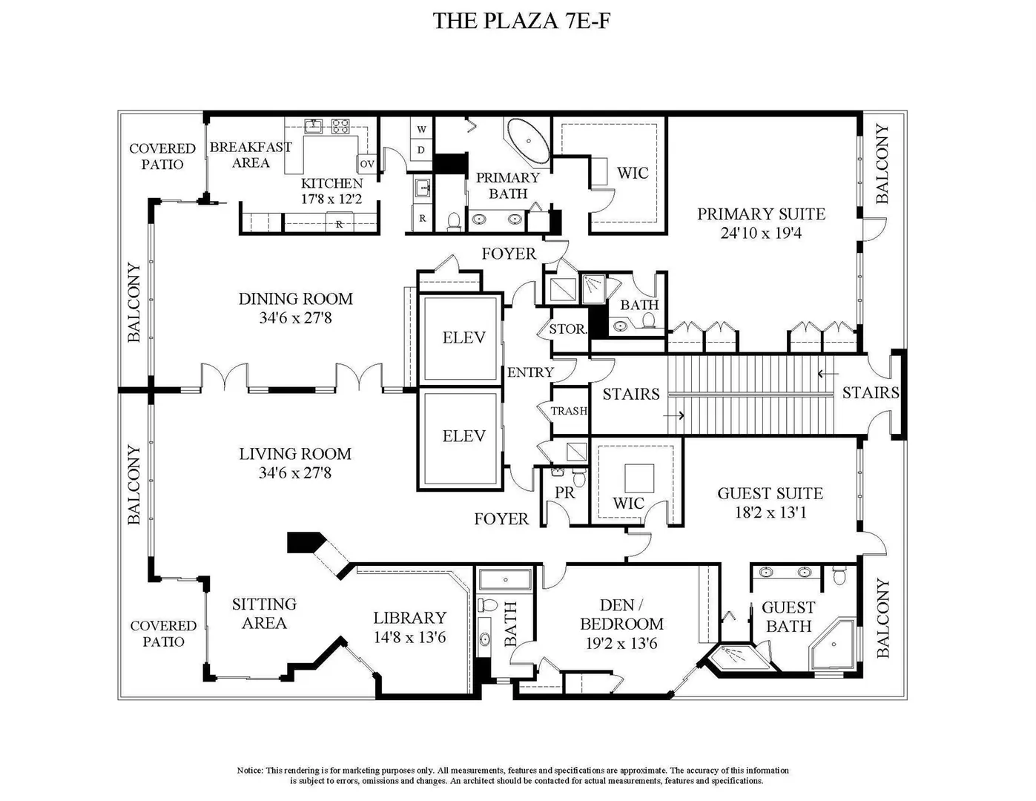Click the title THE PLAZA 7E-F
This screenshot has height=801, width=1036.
tap(521, 21)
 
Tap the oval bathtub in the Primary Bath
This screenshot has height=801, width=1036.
tap(528, 142)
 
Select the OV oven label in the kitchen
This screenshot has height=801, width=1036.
tap(367, 164)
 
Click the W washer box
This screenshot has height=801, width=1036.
tap(421, 129)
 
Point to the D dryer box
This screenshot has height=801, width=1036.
tap(421, 150)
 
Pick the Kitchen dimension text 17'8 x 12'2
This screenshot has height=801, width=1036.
tap(331, 199)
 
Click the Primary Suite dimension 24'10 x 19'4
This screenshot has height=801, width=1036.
tap(761, 233)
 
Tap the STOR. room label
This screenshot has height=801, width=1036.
tap(568, 329)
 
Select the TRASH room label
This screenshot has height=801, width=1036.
tap(570, 411)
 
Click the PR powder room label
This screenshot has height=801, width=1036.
tap(565, 493)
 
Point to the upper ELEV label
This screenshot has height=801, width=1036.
tap(464, 337)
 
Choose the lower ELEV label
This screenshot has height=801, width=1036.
tap(464, 436)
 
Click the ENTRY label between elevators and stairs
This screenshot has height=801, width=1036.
tap(530, 372)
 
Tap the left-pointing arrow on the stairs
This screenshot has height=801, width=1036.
tap(828, 373)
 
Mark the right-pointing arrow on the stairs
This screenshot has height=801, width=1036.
tap(673, 416)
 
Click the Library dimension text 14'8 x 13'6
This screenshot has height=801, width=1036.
tap(409, 638)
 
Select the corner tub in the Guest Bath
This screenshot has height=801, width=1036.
tap(833, 645)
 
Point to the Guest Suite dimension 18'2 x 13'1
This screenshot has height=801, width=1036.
tap(771, 513)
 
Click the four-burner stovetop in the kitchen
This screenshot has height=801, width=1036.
tap(340, 126)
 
